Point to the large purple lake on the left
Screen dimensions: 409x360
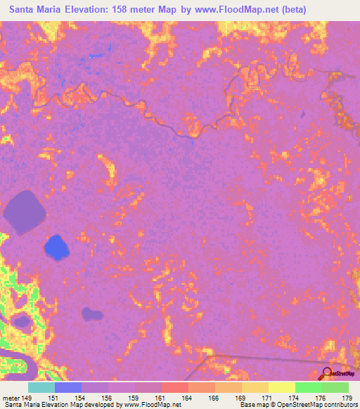tap(25, 212)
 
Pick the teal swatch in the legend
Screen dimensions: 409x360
tap(41, 387)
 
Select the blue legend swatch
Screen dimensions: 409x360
tap(68, 387)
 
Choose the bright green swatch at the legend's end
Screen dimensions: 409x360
tap(335, 387)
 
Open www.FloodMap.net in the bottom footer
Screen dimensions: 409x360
tap(151, 404)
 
